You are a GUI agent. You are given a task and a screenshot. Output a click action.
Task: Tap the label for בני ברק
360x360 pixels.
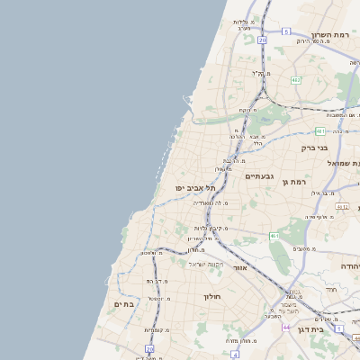314,147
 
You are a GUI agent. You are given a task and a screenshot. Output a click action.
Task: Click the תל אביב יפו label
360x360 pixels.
198,187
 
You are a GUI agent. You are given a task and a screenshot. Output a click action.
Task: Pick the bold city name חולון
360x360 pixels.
212,296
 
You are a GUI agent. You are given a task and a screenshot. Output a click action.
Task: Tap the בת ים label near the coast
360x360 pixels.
124,305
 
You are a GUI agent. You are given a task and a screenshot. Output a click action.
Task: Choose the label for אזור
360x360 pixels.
239,267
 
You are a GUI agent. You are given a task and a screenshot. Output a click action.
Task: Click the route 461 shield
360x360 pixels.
274,236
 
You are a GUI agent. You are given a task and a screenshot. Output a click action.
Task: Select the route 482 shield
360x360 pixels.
296,80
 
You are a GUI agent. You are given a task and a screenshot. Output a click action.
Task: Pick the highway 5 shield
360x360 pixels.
285,31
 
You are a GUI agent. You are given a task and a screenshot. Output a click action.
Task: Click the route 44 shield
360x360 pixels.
286,327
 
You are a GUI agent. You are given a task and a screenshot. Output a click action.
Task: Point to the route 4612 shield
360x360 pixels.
342,206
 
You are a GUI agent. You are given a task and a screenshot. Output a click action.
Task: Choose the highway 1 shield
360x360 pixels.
339,329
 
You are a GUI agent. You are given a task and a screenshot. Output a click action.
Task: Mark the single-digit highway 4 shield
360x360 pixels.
235,355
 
